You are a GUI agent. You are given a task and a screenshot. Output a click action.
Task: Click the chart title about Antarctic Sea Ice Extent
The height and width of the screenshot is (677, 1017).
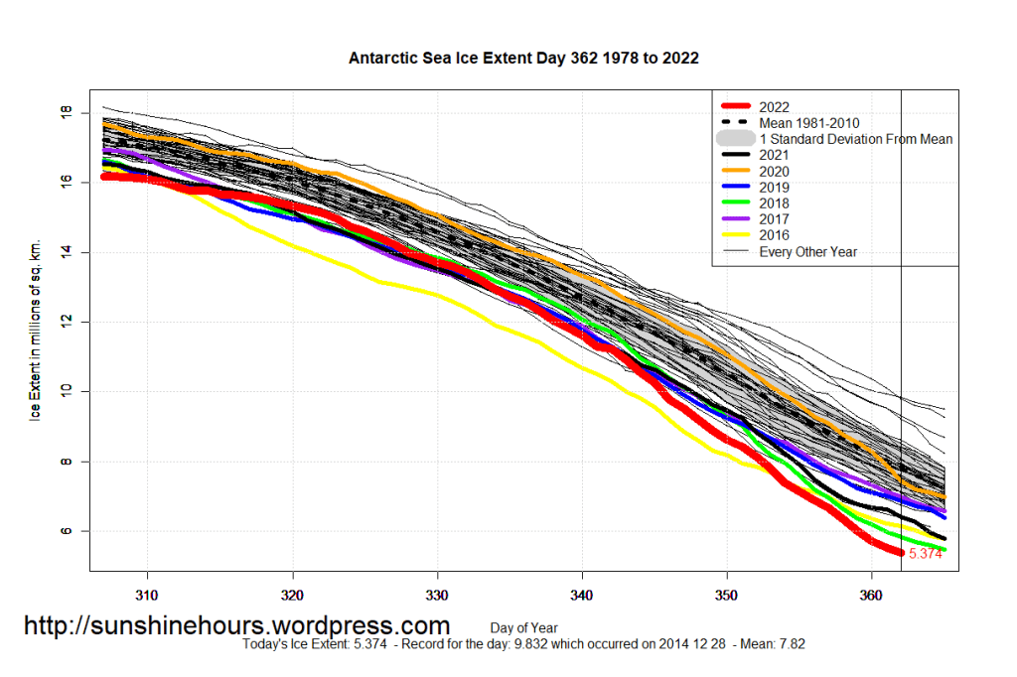click(523, 59)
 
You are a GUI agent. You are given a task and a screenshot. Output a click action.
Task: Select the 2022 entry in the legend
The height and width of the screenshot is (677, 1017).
click(774, 107)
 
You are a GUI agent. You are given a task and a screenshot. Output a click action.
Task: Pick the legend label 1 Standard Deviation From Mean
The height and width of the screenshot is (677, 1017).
click(855, 139)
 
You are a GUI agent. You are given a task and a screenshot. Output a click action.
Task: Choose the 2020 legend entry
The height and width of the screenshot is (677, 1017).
click(774, 171)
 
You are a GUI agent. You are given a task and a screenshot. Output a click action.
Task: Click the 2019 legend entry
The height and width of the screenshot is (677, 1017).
click(774, 188)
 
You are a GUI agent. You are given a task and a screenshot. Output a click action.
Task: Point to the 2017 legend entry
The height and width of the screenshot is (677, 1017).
click(774, 219)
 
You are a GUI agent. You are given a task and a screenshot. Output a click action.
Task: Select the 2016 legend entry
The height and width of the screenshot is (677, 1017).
click(774, 235)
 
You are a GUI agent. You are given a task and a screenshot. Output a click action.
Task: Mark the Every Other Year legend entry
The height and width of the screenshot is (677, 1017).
click(807, 252)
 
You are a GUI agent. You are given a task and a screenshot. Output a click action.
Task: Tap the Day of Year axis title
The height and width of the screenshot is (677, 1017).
click(523, 627)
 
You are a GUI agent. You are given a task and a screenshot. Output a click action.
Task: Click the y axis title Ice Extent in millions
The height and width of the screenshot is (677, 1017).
click(36, 328)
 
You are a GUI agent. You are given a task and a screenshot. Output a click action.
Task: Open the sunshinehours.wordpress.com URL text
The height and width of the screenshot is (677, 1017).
click(236, 626)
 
